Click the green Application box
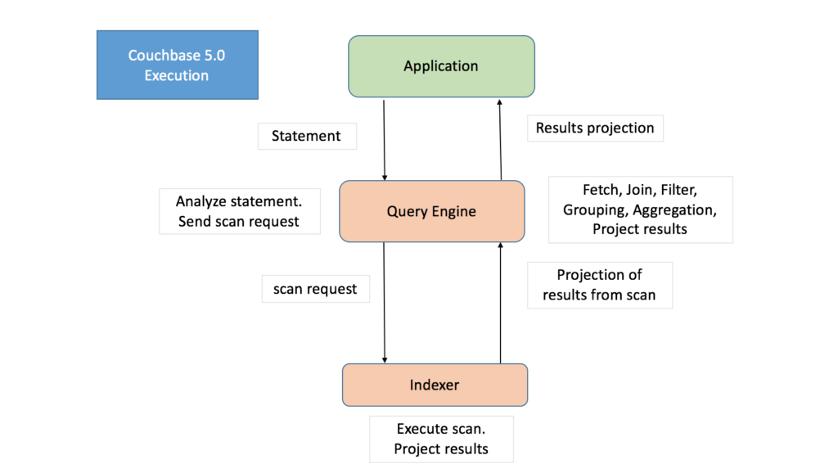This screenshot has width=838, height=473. pos(441,66)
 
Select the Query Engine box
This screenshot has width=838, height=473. pos(431,211)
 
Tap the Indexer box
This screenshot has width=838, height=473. pos(435,385)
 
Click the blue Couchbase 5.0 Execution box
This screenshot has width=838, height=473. pos(177,65)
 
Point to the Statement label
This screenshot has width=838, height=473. pos(306,136)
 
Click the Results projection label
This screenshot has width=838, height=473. pos(595,128)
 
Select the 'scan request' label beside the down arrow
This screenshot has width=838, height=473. pos(315,289)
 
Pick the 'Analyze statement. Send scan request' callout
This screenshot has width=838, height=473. pos(238,211)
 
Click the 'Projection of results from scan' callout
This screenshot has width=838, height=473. pos(599,285)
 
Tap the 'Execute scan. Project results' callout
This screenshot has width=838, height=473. pos(441,439)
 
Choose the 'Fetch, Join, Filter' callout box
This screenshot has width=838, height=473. pos(640,209)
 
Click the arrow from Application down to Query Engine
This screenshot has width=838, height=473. pos(384,139)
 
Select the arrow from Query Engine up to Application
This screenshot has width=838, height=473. pos(500,139)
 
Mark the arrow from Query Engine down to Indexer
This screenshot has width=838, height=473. pos(384,303)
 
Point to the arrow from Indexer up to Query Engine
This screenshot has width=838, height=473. pos(500,303)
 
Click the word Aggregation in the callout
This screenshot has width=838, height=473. pos(674,209)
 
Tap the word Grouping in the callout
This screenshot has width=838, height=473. pos(594,209)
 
